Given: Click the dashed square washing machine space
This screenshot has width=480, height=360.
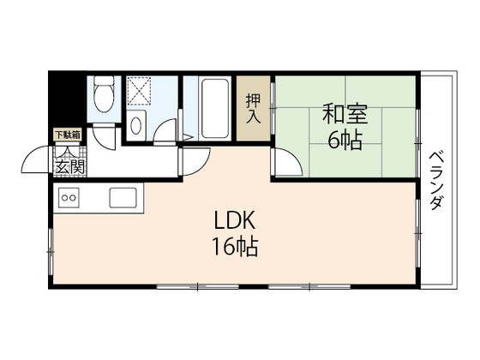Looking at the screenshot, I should pos(139,92).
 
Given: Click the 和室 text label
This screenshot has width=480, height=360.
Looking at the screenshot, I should pos(340,111).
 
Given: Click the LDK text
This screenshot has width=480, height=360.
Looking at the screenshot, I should pos(232,219).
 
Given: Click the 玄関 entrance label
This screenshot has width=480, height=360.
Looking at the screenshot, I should pos(69,167).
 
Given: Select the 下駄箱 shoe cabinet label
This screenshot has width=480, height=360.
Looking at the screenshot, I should pos(68,134).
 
